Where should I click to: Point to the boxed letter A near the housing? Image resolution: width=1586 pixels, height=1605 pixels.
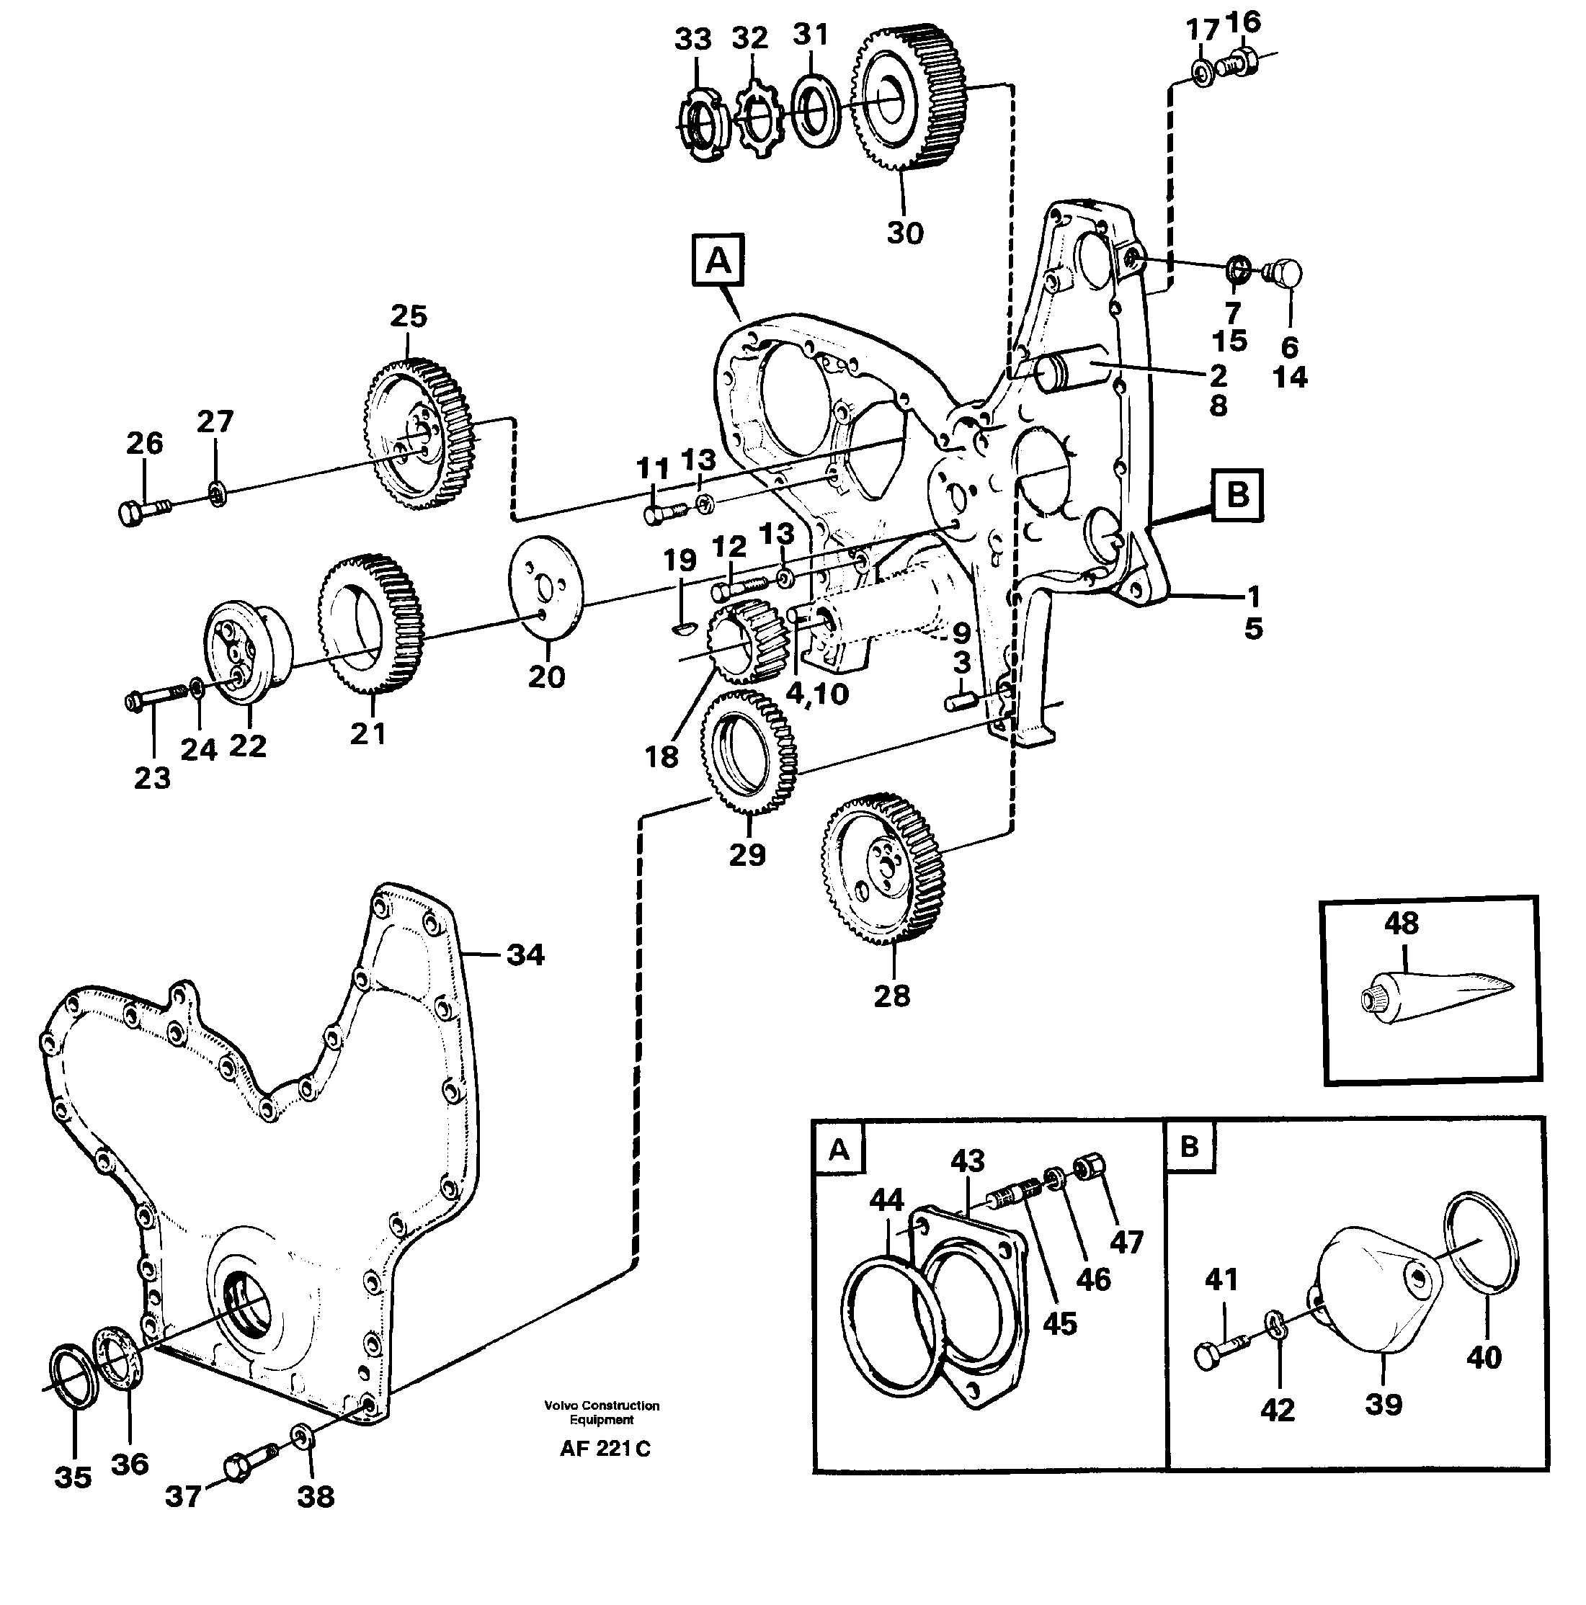pyautogui.click(x=718, y=261)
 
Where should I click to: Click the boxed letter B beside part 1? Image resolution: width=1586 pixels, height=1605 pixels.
pyautogui.click(x=1237, y=495)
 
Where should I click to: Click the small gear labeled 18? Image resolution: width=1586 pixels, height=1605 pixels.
pyautogui.click(x=740, y=640)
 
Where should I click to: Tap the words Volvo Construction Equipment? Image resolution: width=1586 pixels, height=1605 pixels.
pyautogui.click(x=602, y=1412)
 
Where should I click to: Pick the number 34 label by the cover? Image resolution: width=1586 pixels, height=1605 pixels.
pyautogui.click(x=525, y=955)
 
